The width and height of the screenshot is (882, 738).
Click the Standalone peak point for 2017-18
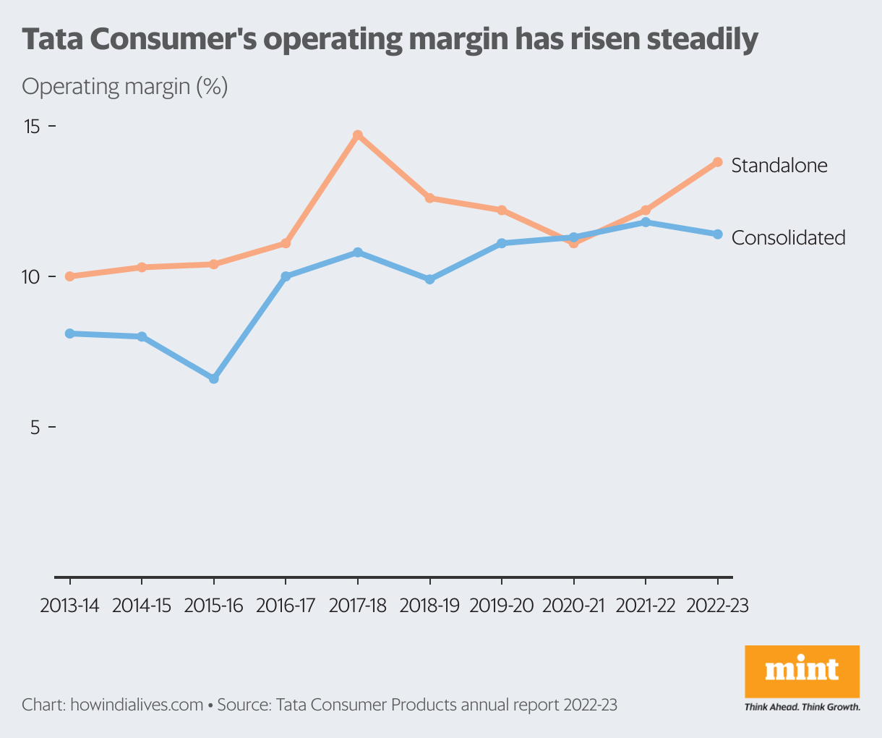click(x=358, y=135)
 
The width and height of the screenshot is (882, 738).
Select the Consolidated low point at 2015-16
click(x=214, y=378)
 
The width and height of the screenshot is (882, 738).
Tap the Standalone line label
click(x=779, y=166)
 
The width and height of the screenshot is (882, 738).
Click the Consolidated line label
click(x=788, y=237)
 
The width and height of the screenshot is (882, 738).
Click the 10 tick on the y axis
click(x=33, y=277)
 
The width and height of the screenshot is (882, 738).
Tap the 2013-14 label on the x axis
click(x=69, y=606)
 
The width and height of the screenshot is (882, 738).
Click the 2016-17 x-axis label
click(x=286, y=606)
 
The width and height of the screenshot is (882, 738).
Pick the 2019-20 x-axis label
click(x=502, y=606)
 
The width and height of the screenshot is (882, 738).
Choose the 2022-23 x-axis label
click(x=717, y=606)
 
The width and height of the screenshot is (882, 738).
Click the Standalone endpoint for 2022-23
click(x=718, y=162)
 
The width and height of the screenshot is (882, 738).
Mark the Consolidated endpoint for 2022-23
click(x=718, y=234)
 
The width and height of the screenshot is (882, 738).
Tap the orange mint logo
click(x=802, y=671)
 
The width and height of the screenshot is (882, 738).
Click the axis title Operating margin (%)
click(x=125, y=87)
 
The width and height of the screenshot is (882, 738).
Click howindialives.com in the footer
click(x=137, y=705)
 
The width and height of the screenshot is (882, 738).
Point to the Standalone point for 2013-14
click(x=70, y=276)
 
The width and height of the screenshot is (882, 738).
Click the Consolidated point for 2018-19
click(x=430, y=279)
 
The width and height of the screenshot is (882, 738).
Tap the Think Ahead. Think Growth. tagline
click(x=802, y=707)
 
